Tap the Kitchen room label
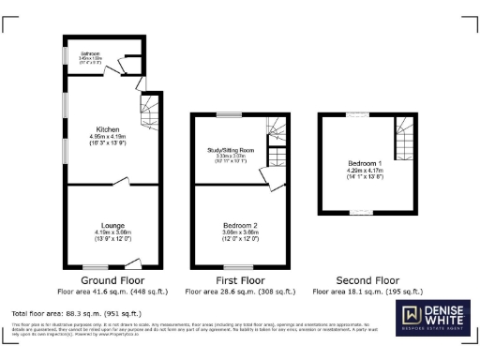tap(107, 129)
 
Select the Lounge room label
tap(114, 224)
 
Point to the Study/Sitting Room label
tap(231, 150)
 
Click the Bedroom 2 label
tap(239, 225)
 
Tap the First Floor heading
tap(239, 280)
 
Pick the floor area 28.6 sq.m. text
tap(239, 292)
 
